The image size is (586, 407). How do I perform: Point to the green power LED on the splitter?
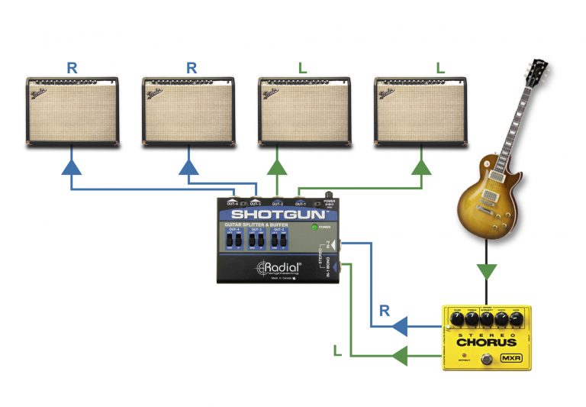click(314, 228)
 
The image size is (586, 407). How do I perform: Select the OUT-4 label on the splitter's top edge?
click(233, 204)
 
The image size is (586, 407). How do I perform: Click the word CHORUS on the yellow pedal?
click(486, 341)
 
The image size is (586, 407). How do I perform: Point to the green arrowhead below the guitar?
click(486, 270)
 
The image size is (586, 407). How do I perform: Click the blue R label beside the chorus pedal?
click(385, 310)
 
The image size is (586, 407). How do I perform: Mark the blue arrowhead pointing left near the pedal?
click(398, 327)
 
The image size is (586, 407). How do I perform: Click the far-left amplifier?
click(72, 111)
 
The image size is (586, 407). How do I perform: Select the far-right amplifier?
click(420, 111)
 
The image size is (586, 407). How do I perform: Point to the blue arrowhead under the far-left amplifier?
click(72, 166)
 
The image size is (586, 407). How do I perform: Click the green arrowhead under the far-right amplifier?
click(421, 166)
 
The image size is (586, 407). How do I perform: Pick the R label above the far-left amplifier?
click(72, 67)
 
